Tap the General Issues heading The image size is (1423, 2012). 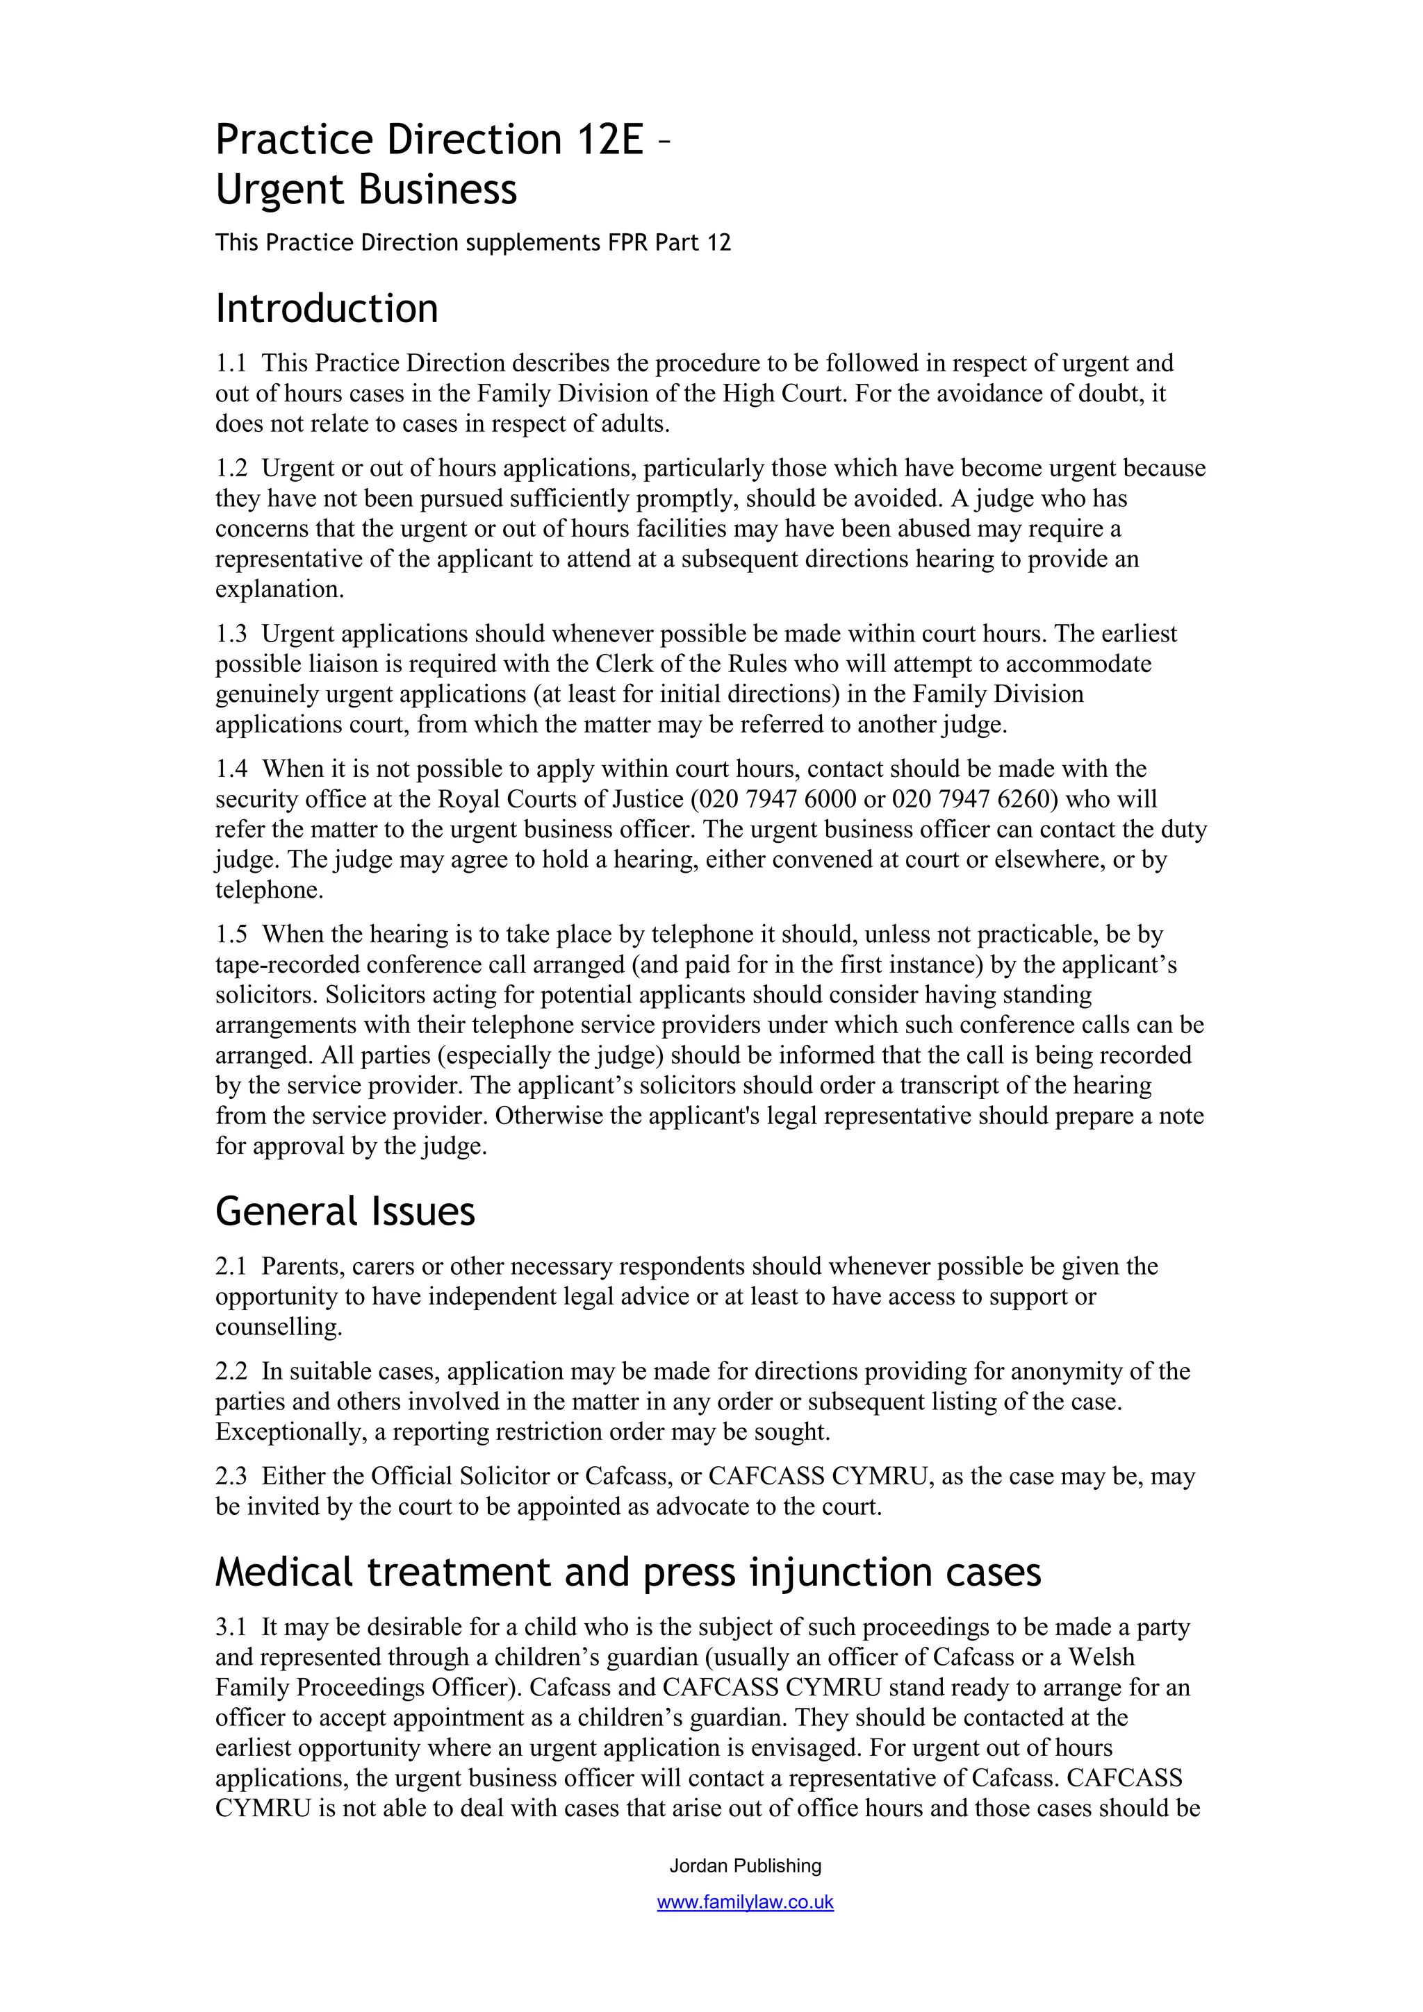(345, 1212)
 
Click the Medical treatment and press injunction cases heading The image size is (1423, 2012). (627, 1572)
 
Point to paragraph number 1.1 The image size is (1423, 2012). (231, 363)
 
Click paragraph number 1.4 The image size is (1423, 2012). (231, 769)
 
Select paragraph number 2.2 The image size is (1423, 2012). (231, 1370)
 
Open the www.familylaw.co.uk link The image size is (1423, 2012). (746, 1902)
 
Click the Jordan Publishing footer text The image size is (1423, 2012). (746, 1866)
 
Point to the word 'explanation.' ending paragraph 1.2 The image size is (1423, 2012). (280, 589)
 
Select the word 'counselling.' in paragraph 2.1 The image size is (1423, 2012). (279, 1327)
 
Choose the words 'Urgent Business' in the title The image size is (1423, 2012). (366, 190)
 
